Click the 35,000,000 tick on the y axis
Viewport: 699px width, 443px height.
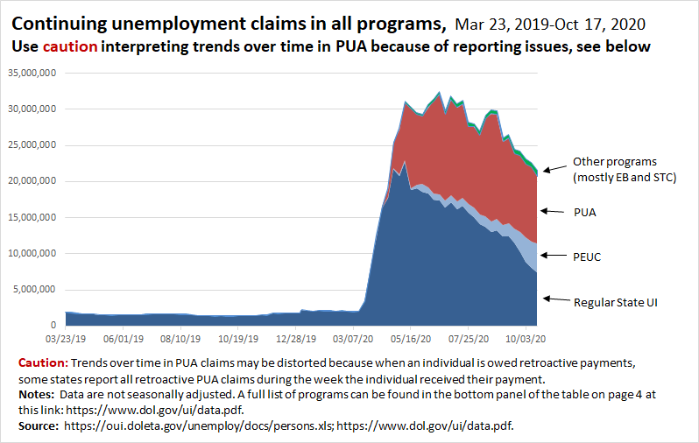[x=32, y=73]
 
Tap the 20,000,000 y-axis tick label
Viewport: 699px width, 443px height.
[x=32, y=181]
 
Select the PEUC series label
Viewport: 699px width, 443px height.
[x=588, y=256]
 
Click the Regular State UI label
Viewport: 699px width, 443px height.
[x=615, y=302]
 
